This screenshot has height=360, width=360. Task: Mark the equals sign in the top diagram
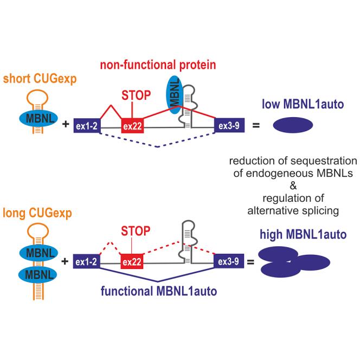[256, 126]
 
